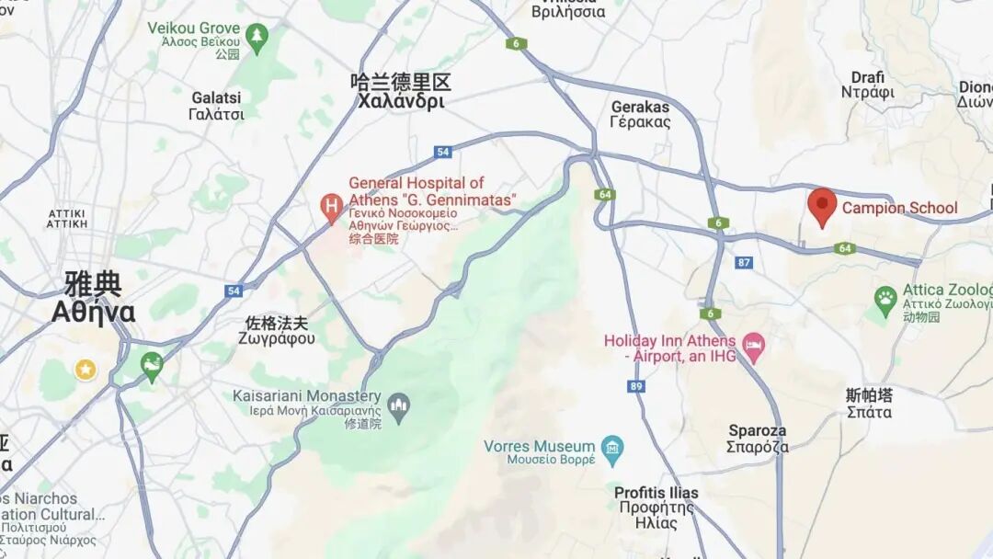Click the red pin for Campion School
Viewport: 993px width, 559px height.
click(822, 205)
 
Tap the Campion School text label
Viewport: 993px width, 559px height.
click(900, 208)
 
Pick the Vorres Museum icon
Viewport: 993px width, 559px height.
click(611, 449)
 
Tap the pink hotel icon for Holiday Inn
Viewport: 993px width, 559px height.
click(753, 346)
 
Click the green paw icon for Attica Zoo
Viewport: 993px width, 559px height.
click(885, 298)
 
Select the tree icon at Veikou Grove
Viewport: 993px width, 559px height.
click(257, 37)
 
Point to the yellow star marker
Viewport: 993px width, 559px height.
click(86, 370)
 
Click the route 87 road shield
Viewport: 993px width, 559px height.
click(744, 263)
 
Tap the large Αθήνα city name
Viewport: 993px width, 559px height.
click(93, 313)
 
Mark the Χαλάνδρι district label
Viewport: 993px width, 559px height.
click(401, 101)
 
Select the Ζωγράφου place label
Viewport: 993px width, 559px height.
click(276, 338)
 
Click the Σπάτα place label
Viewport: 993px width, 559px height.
click(869, 412)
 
